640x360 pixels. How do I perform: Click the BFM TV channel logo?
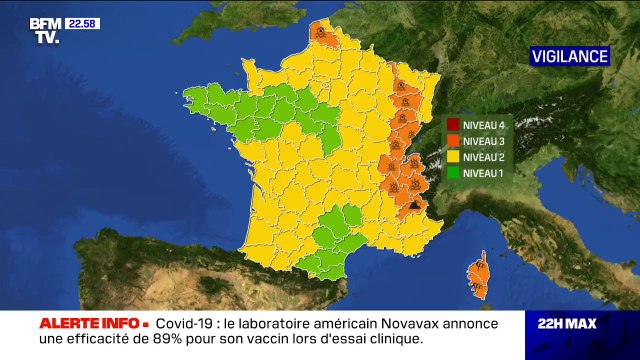pyautogui.click(x=43, y=30)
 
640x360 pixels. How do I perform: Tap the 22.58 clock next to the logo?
pyautogui.click(x=82, y=23)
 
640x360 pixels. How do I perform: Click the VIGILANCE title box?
pyautogui.click(x=569, y=56)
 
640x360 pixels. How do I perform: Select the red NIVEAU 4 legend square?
pyautogui.click(x=453, y=125)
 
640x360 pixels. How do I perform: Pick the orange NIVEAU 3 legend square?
pyautogui.click(x=453, y=141)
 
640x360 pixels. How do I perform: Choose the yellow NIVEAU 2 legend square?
pyautogui.click(x=453, y=157)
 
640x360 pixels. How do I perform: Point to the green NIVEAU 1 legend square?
pyautogui.click(x=453, y=173)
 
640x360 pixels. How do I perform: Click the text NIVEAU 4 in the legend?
pyautogui.click(x=486, y=125)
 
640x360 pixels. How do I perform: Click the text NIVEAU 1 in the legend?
pyautogui.click(x=486, y=173)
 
